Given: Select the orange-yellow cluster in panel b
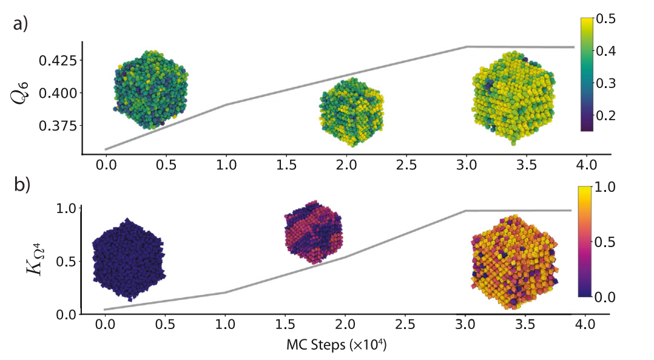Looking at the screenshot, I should point(514,262).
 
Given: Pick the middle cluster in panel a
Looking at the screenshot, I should point(352,112).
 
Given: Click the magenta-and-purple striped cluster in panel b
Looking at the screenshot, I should point(314,233).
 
